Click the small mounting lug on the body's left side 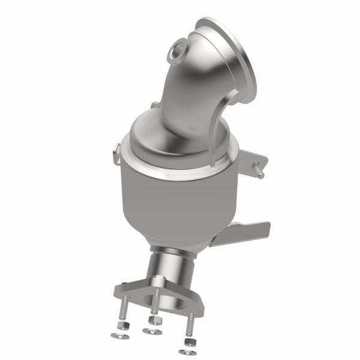[x=116, y=154]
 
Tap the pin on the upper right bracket [x=260, y=175]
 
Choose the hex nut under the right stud [x=188, y=341]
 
